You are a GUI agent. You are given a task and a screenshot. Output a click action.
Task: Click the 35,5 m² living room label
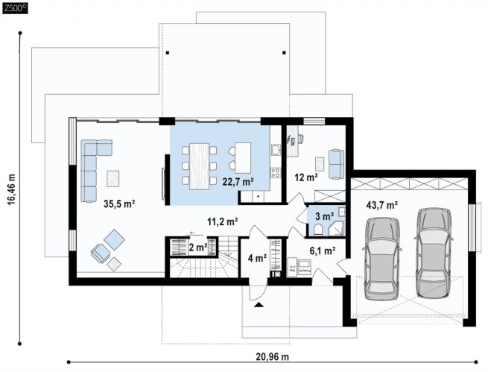coord(119,204)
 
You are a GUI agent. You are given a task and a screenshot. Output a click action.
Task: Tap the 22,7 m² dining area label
coord(238,181)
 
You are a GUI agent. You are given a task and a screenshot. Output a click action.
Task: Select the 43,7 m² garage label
coord(382,205)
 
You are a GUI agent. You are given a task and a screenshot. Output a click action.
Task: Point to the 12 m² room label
coord(306,177)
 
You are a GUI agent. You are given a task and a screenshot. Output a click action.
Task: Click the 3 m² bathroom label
coord(325,215)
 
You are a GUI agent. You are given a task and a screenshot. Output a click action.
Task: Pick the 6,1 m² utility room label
coord(323,250)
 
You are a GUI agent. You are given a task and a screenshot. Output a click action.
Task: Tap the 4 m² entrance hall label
coord(257,258)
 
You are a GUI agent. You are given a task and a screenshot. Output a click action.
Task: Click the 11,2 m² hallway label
coord(223,221)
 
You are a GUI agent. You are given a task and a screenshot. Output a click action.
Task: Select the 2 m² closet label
coord(198,248)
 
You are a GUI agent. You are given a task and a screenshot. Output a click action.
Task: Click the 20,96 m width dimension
coord(273,357)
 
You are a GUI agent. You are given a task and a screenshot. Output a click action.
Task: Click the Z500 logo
coord(15,8)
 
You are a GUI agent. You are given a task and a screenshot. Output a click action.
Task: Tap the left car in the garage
coord(382,259)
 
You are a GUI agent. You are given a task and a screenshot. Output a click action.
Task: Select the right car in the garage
coord(434,253)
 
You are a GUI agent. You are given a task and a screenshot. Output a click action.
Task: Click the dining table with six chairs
coord(199,166)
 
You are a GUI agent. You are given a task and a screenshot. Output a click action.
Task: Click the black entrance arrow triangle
coord(259,305)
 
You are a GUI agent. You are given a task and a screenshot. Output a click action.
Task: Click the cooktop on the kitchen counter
coord(276,172)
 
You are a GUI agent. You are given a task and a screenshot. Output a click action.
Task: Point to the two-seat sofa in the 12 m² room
coord(337,164)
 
